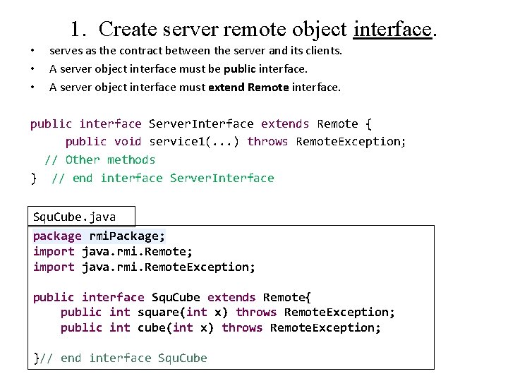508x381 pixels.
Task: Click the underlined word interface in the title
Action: tap(392, 29)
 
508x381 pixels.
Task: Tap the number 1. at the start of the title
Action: tap(80, 29)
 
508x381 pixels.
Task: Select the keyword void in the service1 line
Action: tap(127, 141)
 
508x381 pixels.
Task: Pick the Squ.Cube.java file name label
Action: tap(75, 217)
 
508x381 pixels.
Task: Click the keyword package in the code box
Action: tap(57, 236)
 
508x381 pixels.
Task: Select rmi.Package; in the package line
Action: tap(127, 236)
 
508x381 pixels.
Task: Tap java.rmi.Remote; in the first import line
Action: tap(137, 252)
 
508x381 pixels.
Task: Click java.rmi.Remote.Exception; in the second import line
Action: tap(169, 267)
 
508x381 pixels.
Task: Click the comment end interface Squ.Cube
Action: tap(133, 358)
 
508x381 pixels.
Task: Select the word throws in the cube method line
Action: tap(242, 328)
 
